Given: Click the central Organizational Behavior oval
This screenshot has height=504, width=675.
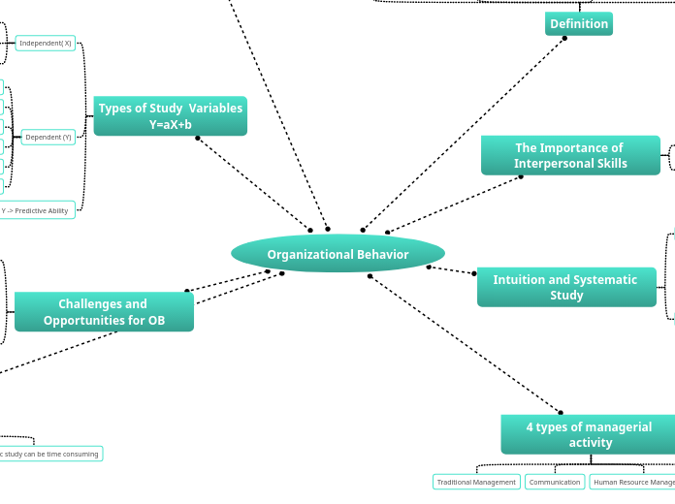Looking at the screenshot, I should (337, 254).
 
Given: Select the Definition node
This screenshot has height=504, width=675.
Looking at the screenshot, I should (578, 24).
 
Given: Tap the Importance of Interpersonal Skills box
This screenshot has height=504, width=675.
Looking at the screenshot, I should (570, 156).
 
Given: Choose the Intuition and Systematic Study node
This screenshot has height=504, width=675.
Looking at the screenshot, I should (565, 288).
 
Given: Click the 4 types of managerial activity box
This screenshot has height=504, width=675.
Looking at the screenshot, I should (589, 434).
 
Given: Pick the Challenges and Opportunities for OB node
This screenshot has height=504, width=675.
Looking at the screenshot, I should (104, 312).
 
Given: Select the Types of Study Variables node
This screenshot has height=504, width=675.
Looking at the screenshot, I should (171, 116).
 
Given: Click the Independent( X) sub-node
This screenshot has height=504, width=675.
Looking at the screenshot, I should (46, 44).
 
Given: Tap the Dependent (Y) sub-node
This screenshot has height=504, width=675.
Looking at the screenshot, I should (48, 138).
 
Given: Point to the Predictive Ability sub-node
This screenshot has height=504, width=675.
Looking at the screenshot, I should (36, 210).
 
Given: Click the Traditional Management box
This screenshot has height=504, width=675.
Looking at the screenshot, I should (476, 482).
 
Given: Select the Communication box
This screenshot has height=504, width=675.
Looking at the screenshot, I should (555, 482).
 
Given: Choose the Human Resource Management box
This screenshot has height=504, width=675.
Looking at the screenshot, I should (631, 482).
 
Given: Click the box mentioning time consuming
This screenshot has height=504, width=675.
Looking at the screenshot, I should (48, 454).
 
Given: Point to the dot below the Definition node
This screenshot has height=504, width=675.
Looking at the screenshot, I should (564, 39).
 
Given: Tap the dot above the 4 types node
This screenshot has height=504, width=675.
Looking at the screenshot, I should (561, 413).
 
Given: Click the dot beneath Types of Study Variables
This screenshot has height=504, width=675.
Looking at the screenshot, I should (198, 138).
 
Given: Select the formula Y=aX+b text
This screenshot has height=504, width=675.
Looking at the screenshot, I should (171, 125).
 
